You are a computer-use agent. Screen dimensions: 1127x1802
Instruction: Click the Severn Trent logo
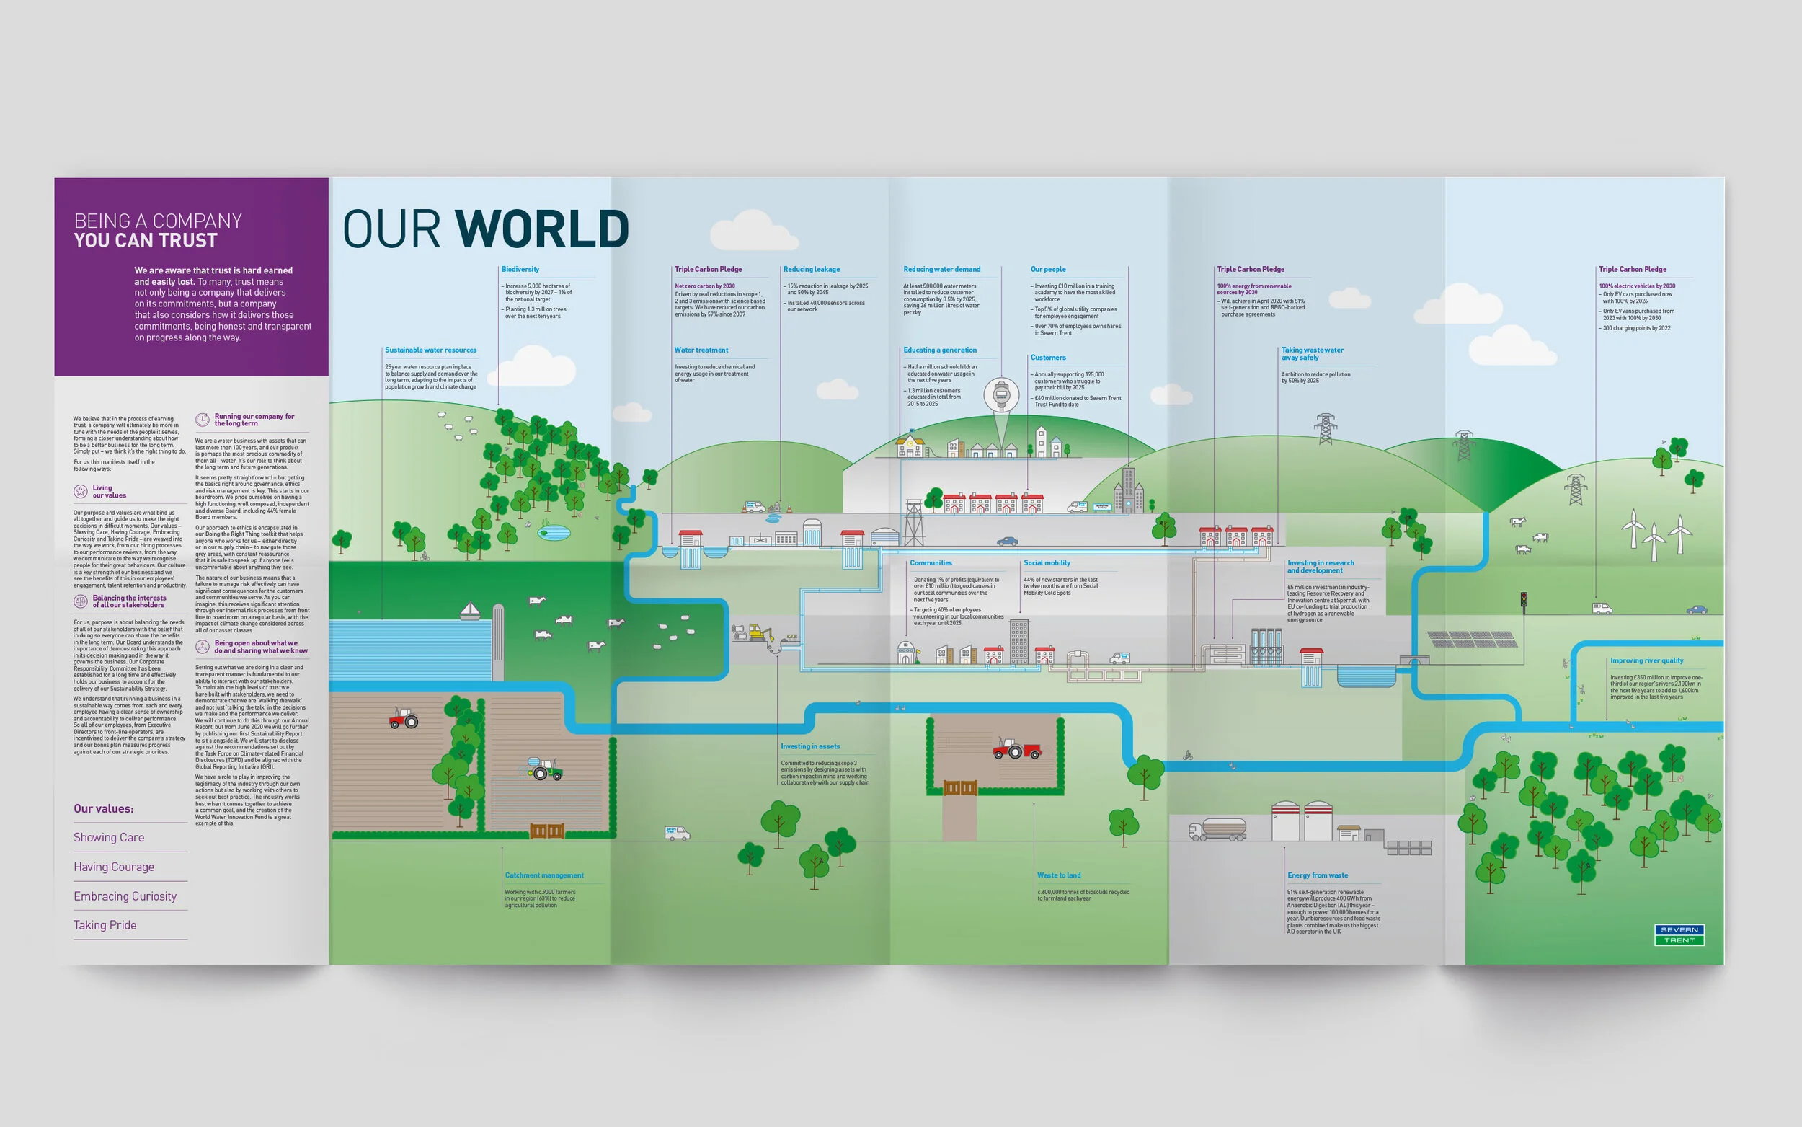click(x=1679, y=934)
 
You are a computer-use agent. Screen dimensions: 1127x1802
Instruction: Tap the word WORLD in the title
click(x=541, y=229)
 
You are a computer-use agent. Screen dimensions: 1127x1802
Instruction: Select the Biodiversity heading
click(x=520, y=269)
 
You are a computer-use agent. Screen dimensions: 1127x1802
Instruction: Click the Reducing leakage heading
click(x=811, y=269)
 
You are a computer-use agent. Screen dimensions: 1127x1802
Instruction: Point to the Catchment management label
click(x=543, y=875)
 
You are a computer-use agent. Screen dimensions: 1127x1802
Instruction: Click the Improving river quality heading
click(x=1646, y=660)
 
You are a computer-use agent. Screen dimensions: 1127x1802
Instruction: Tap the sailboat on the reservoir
click(x=470, y=611)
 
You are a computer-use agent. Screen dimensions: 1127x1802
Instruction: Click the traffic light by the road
click(x=1523, y=601)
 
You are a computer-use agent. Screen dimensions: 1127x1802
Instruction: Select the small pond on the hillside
click(x=554, y=532)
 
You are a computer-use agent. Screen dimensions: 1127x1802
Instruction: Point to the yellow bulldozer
click(x=760, y=633)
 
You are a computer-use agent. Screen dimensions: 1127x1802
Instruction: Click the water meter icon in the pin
click(x=1001, y=395)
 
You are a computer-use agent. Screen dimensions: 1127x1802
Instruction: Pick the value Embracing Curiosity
click(x=125, y=896)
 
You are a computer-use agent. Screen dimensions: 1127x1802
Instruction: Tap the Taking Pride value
click(x=105, y=925)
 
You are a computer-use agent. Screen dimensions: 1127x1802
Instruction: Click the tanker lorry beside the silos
click(x=1217, y=829)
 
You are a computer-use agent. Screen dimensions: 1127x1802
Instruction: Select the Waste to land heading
click(x=1059, y=875)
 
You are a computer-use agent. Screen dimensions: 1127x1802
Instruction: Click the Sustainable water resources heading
click(x=430, y=350)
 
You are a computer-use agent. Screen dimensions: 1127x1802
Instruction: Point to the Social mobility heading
click(x=1047, y=562)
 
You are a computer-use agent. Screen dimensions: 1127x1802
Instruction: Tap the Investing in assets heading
click(x=809, y=746)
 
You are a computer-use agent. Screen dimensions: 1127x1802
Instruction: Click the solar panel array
click(x=1471, y=640)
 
